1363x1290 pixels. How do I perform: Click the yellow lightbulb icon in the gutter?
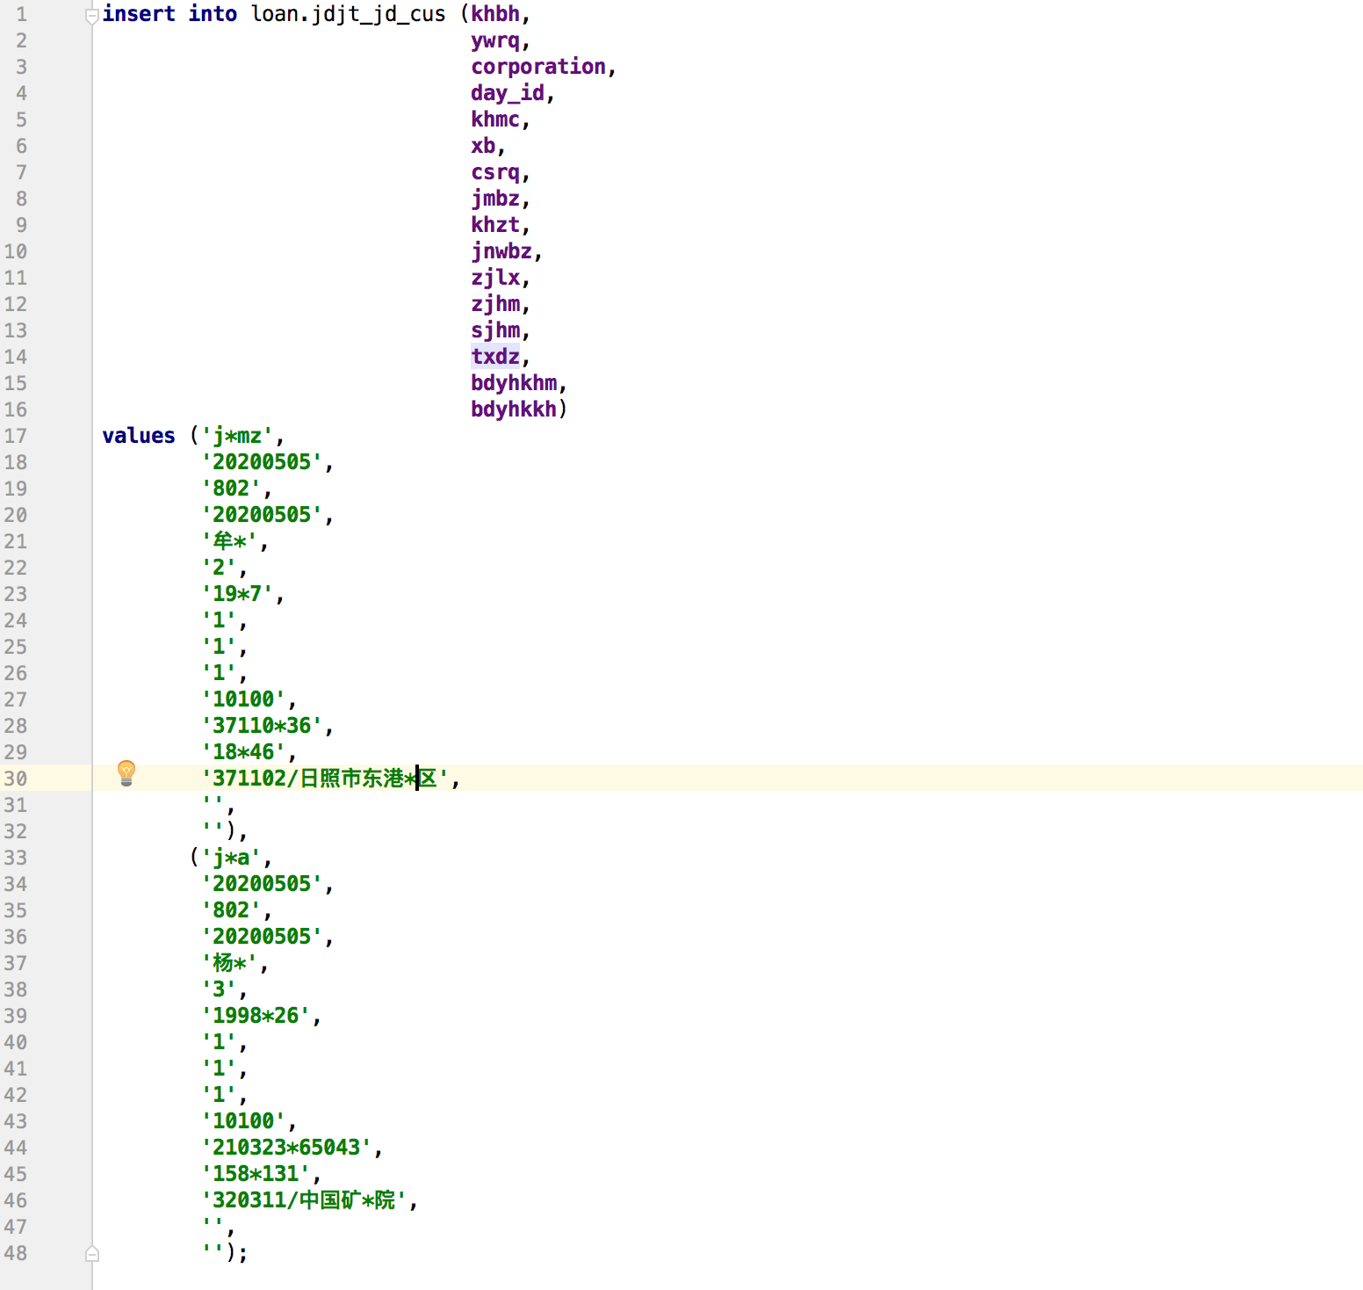point(126,772)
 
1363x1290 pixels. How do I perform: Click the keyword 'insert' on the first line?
point(139,14)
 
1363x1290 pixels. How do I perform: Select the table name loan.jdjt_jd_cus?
point(348,14)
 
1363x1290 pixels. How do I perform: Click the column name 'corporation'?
point(537,67)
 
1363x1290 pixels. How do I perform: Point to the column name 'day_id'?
point(507,93)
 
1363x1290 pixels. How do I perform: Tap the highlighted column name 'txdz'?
point(495,357)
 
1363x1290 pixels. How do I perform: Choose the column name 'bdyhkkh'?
point(513,409)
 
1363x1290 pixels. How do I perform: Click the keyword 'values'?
point(139,436)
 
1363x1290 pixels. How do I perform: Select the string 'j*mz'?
point(237,436)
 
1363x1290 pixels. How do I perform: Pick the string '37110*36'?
point(262,726)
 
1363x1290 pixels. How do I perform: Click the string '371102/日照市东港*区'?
point(325,779)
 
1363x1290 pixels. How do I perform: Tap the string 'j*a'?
point(231,858)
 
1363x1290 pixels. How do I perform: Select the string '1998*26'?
point(256,1016)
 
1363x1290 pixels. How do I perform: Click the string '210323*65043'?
point(286,1148)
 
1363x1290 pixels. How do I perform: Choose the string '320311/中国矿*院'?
point(304,1200)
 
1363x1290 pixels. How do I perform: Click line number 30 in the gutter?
point(16,779)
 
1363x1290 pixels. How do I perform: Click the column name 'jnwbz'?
point(501,251)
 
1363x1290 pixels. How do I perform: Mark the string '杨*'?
point(230,963)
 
